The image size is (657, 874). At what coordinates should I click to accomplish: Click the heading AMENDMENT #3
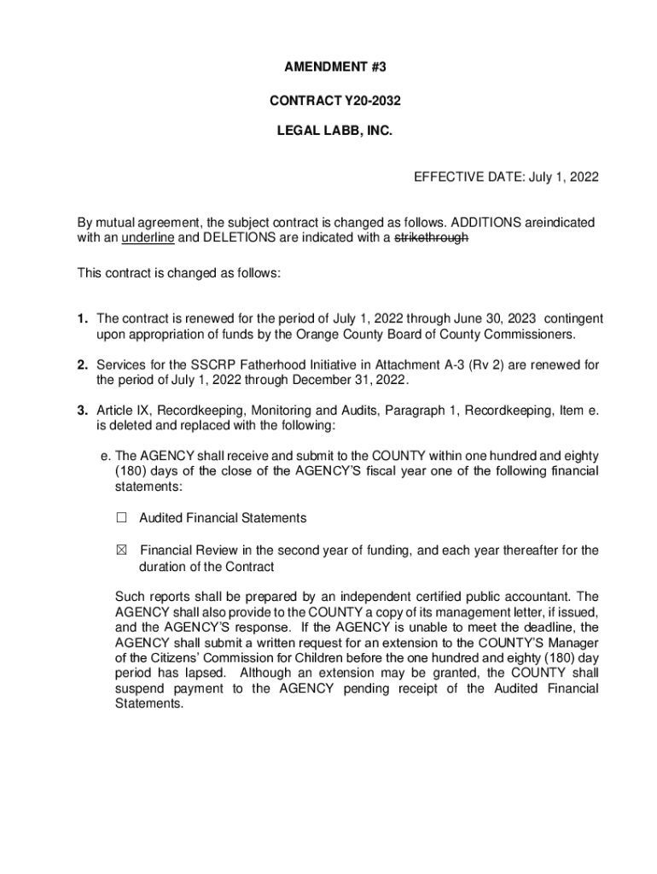[x=328, y=67]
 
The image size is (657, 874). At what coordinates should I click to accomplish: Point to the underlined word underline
[x=148, y=238]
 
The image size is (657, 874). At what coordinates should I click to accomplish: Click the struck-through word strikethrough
[x=431, y=238]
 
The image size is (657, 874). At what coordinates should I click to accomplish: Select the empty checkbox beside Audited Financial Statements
[x=121, y=518]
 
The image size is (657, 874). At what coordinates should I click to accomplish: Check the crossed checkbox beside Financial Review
[x=121, y=551]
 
